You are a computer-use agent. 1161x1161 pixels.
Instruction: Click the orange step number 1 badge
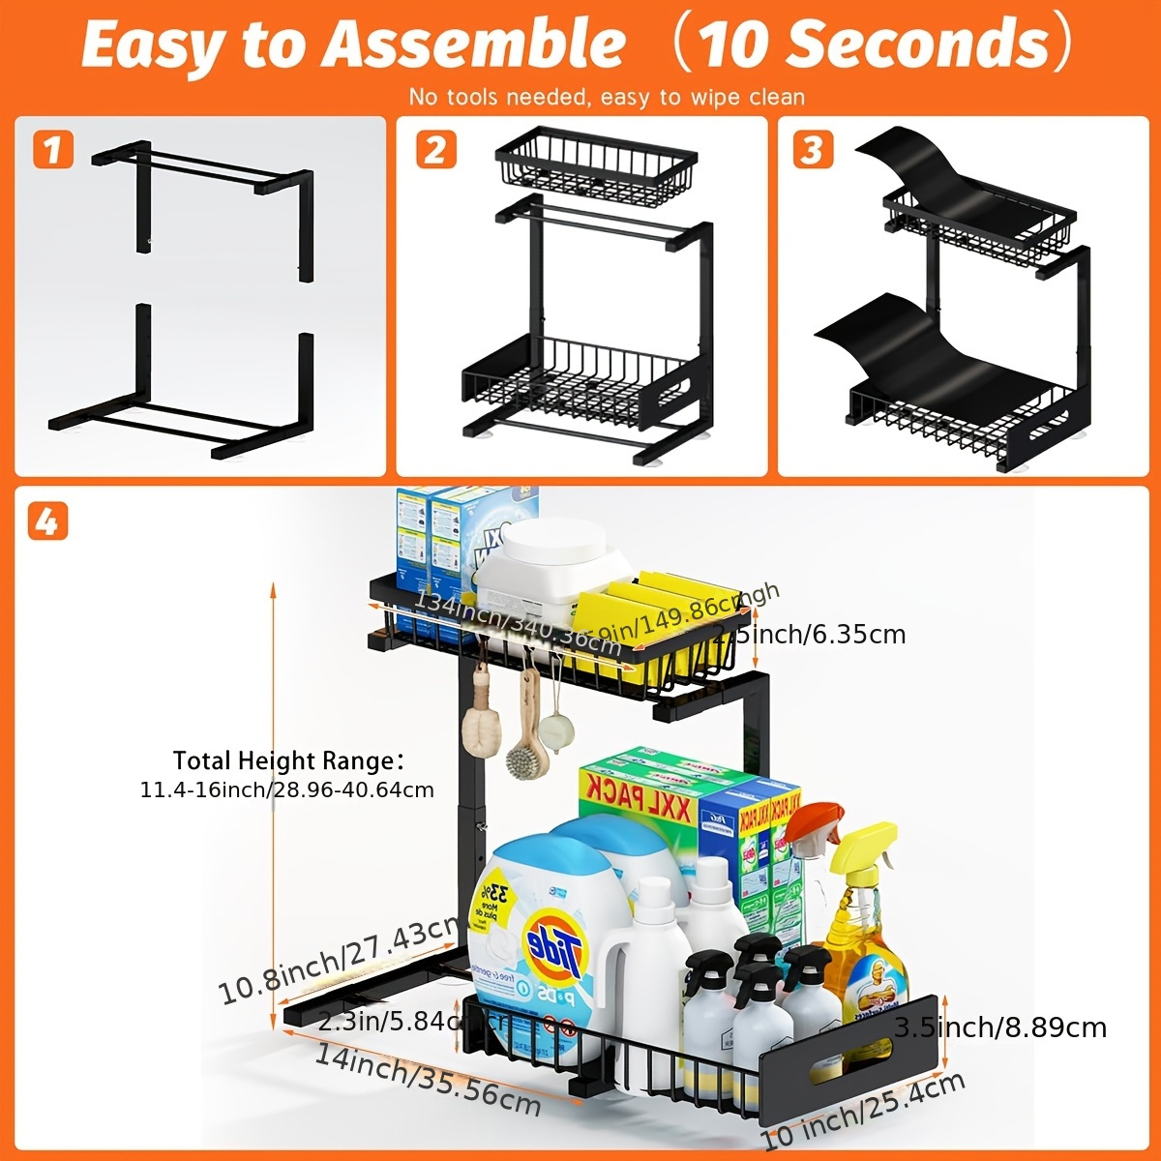(x=53, y=150)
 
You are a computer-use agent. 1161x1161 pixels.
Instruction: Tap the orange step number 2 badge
(x=435, y=150)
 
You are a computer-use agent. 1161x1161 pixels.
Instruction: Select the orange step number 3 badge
(x=813, y=150)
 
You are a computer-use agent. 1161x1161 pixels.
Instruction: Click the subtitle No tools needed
(x=607, y=97)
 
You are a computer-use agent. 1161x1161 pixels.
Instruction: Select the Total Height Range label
(x=287, y=760)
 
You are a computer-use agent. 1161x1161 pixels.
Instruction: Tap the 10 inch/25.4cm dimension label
(x=863, y=1111)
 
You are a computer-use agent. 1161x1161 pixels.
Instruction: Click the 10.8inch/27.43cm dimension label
(x=339, y=962)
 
